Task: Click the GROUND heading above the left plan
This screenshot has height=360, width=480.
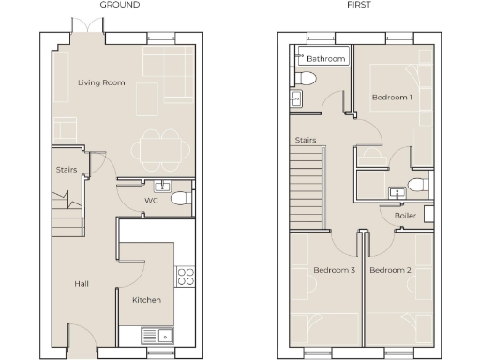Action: [x=120, y=6]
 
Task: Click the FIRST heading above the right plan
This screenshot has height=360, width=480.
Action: [x=357, y=6]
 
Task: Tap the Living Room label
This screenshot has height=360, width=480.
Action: [x=101, y=83]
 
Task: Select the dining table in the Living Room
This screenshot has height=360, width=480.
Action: [x=155, y=147]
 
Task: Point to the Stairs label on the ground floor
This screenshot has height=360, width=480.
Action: [x=66, y=170]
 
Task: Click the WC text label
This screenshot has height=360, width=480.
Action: [x=151, y=201]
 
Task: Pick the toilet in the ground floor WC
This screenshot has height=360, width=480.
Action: [x=183, y=199]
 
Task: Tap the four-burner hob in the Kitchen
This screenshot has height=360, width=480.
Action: [x=186, y=276]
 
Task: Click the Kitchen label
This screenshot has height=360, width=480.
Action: [x=146, y=300]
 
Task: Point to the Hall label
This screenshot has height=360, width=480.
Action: [x=82, y=282]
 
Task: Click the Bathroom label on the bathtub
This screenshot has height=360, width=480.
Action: [x=327, y=59]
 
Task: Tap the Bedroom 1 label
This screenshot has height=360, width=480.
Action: [x=392, y=97]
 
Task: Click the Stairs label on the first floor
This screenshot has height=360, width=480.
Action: [x=305, y=141]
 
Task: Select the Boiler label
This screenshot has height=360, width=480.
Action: [x=405, y=216]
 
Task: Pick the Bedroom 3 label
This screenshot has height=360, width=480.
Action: [x=333, y=270]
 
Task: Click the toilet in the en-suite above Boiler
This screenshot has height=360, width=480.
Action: [x=419, y=182]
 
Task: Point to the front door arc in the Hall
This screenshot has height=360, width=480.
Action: [x=82, y=333]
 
